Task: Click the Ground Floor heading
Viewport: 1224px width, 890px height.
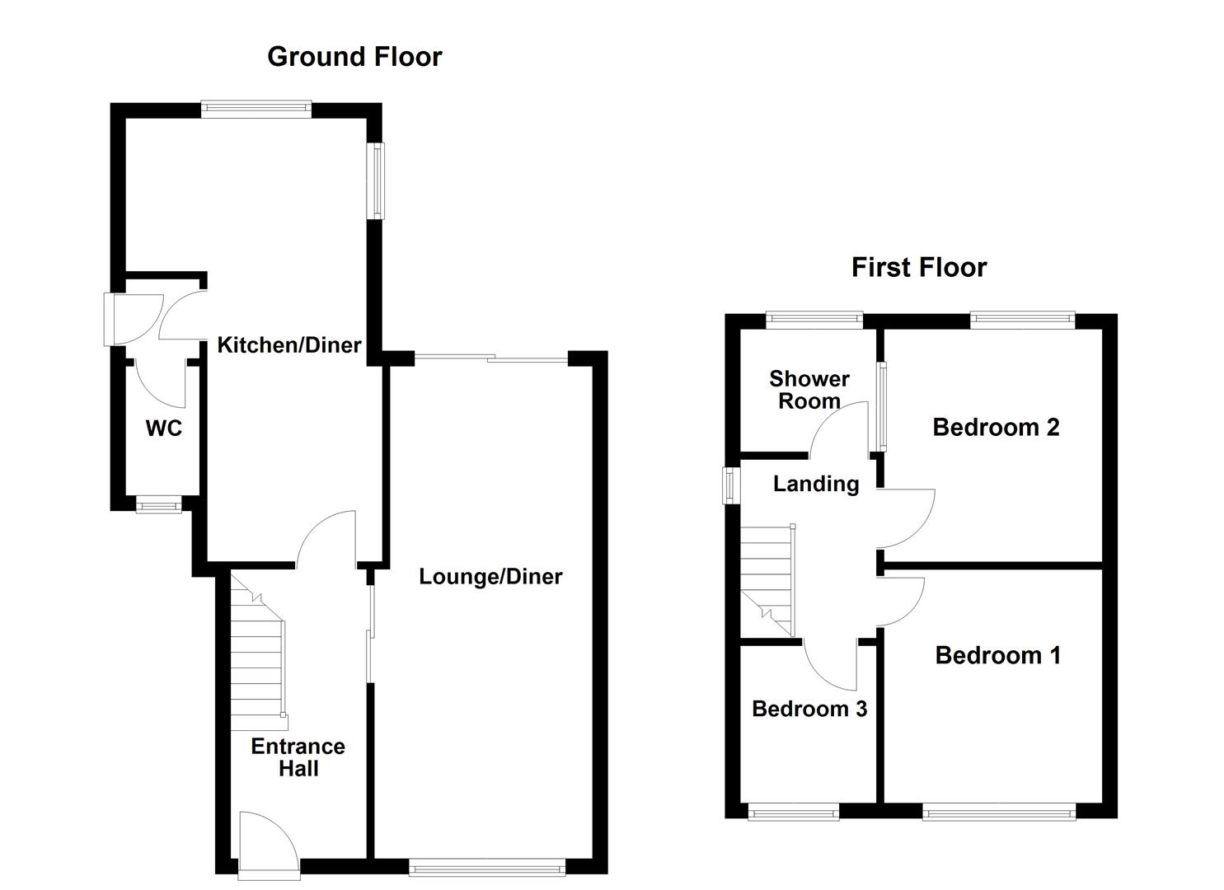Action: [354, 56]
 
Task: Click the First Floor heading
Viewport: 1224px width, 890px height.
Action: [918, 267]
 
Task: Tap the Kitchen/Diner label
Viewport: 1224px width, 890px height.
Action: [289, 344]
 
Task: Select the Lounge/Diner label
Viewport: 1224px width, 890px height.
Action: [490, 576]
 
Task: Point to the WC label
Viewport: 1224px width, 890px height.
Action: [163, 428]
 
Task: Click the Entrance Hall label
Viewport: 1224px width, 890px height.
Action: [298, 756]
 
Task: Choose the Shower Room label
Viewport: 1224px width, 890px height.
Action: [809, 390]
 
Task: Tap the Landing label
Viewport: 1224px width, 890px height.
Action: [815, 484]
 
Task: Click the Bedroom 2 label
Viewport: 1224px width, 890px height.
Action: [996, 427]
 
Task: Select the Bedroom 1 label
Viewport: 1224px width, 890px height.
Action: [997, 655]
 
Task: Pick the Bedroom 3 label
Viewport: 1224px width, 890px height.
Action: [809, 709]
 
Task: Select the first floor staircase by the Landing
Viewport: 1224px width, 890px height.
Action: [767, 581]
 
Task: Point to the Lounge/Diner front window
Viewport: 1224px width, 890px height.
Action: [487, 866]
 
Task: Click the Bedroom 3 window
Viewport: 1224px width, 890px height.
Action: [793, 812]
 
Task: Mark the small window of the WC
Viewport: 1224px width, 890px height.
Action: [158, 504]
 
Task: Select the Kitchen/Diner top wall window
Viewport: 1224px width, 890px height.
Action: [256, 110]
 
